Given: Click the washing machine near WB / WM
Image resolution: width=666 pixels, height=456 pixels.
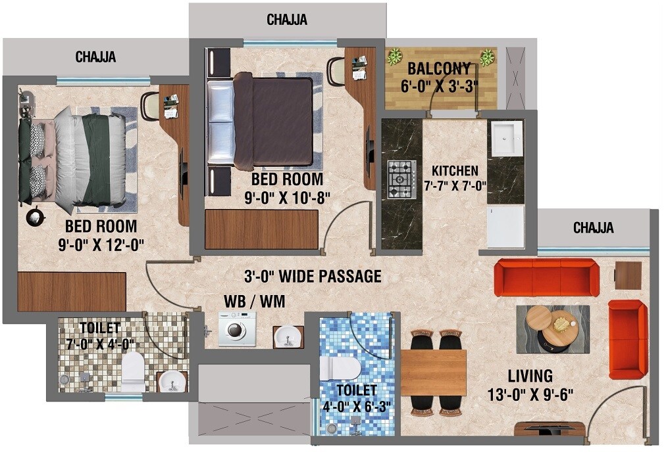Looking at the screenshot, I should pyautogui.click(x=237, y=329).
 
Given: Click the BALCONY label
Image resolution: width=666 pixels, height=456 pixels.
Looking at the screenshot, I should pyautogui.click(x=439, y=68).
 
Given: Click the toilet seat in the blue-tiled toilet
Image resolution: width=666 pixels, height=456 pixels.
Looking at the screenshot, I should pyautogui.click(x=340, y=369).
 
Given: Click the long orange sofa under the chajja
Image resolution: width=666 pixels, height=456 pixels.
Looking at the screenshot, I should pyautogui.click(x=546, y=277).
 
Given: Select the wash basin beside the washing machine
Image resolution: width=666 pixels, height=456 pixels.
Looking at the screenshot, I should pyautogui.click(x=287, y=336).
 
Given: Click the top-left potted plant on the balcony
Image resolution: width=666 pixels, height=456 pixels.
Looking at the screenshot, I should pyautogui.click(x=394, y=57).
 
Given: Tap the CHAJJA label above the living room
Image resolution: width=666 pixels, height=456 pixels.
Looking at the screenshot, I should pyautogui.click(x=593, y=228).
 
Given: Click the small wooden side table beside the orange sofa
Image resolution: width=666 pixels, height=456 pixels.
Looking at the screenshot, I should pyautogui.click(x=628, y=276).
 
